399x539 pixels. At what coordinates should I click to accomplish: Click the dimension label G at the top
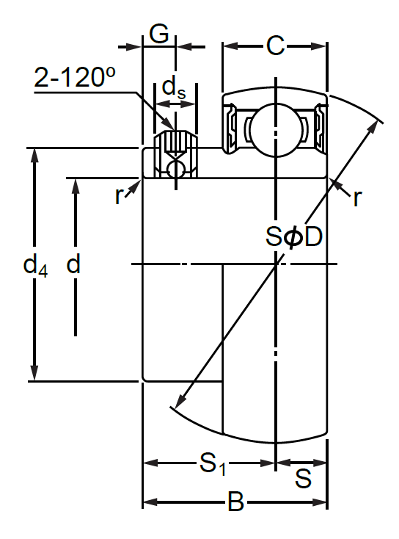click(x=159, y=34)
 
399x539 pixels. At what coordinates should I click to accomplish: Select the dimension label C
click(x=275, y=46)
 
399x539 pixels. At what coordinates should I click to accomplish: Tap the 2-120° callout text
click(x=75, y=76)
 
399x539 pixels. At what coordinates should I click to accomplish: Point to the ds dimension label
click(x=174, y=88)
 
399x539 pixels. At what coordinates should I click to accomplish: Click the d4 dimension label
click(x=35, y=265)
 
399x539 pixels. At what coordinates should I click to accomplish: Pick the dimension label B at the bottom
click(x=236, y=502)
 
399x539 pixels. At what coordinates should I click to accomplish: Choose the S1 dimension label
click(x=213, y=464)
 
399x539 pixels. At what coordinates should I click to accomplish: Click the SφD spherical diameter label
click(x=294, y=236)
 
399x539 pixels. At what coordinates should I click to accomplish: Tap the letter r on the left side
click(x=119, y=196)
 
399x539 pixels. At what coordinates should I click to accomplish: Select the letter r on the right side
click(x=357, y=198)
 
